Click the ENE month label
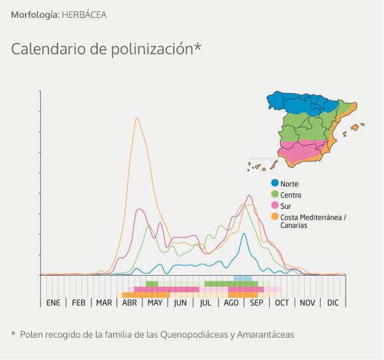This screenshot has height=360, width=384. pyautogui.click(x=53, y=303)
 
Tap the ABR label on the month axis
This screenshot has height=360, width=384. pyautogui.click(x=130, y=303)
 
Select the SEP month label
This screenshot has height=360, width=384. pyautogui.click(x=256, y=303)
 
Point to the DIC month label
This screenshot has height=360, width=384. pyautogui.click(x=333, y=303)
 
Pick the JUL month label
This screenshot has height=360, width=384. pyautogui.click(x=205, y=303)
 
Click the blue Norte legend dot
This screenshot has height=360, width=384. pyautogui.click(x=275, y=184)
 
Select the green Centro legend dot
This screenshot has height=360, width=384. pyautogui.click(x=275, y=195)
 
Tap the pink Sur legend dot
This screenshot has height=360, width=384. pyautogui.click(x=275, y=206)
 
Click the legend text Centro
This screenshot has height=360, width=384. pyautogui.click(x=291, y=195)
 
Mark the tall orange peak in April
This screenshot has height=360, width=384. pyautogui.click(x=137, y=118)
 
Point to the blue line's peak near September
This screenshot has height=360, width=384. pyautogui.click(x=243, y=234)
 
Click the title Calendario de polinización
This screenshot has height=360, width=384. pyautogui.click(x=106, y=49)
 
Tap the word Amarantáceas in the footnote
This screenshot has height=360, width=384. pyautogui.click(x=263, y=334)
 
